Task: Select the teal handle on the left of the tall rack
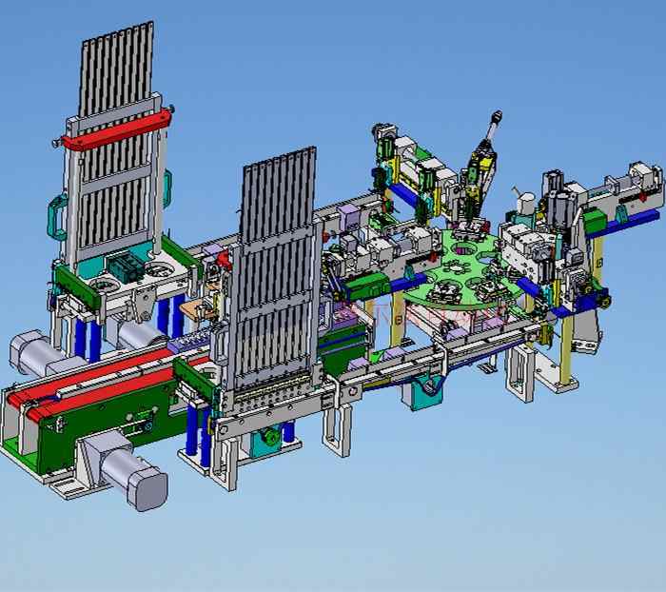56,217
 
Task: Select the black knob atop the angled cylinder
495,118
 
